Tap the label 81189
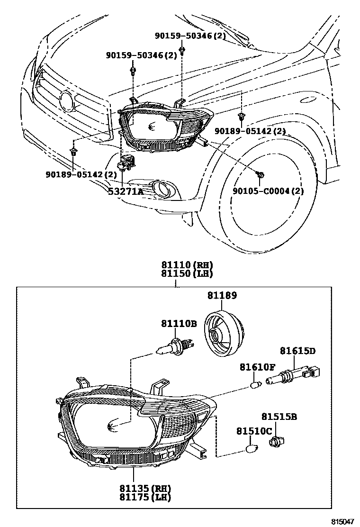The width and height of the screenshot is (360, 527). tap(222, 296)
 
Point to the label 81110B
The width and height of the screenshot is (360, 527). tap(179, 324)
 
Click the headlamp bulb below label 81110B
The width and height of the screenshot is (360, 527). tap(175, 345)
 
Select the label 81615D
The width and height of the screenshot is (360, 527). tap(297, 351)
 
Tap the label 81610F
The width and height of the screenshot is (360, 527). tap(257, 367)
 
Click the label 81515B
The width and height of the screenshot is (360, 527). tap(279, 417)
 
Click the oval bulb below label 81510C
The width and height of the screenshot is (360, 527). tap(252, 448)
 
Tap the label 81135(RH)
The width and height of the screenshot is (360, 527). tap(145, 488)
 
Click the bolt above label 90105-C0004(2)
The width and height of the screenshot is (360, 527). tap(260, 175)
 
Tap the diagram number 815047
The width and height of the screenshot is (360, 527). tap(342, 521)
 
